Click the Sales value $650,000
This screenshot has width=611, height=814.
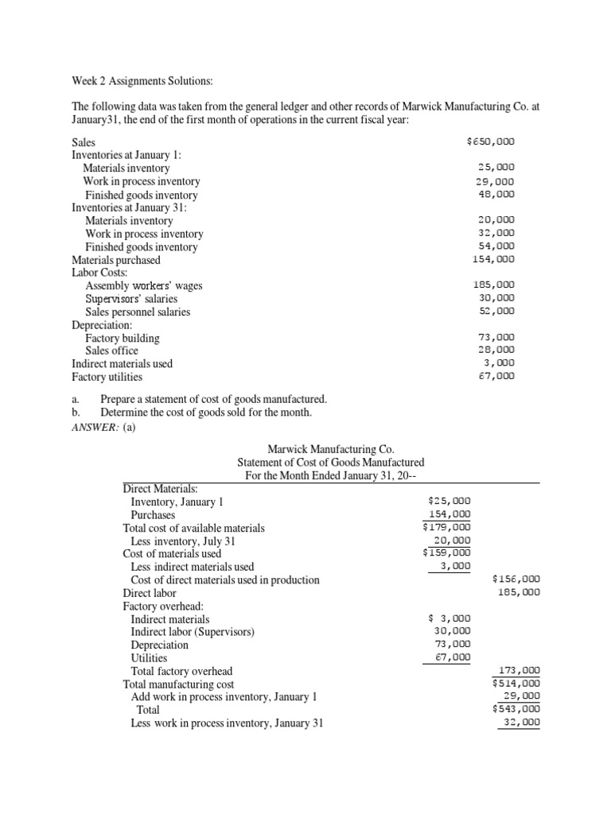[x=491, y=141]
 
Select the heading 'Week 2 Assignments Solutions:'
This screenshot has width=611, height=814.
[x=142, y=80]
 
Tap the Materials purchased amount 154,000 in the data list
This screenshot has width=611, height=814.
[x=493, y=258]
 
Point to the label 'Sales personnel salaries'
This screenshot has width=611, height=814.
[x=138, y=312]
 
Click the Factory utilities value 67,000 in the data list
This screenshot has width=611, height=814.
[x=496, y=375]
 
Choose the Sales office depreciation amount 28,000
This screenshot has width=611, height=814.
[x=496, y=349]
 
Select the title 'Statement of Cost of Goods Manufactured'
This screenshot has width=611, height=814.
[x=330, y=462]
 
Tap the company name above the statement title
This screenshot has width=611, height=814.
[x=330, y=449]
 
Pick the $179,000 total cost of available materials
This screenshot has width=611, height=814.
[x=446, y=526]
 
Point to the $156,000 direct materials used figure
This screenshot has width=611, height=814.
[x=516, y=579]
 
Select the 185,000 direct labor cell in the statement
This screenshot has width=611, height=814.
[x=519, y=592]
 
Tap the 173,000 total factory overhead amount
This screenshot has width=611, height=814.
[x=519, y=670]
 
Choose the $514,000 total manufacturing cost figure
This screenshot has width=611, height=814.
[x=516, y=683]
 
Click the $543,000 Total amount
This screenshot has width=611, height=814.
[x=516, y=709]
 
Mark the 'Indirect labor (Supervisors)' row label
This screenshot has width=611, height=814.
[x=193, y=632]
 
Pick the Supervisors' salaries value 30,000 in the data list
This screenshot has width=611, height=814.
[x=496, y=297]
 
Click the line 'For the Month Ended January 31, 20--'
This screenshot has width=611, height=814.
[x=330, y=475]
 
